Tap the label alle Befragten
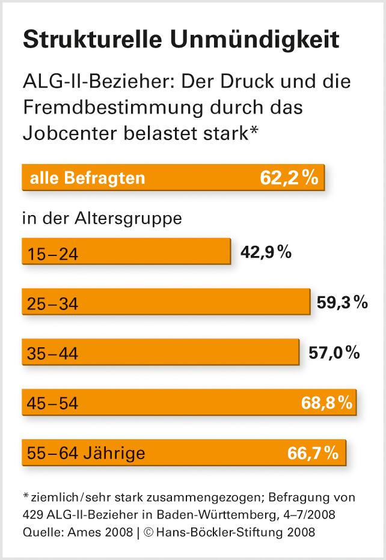88,178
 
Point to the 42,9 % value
266,252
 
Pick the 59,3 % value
342,303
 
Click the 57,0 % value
334,353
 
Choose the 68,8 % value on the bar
326,403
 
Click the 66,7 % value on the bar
314,452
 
